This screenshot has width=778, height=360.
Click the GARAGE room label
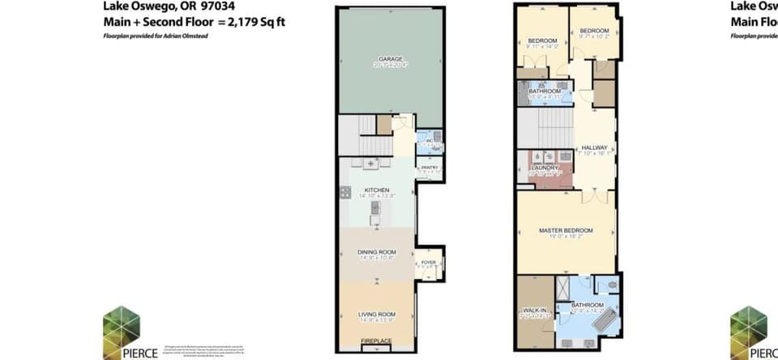(391, 59)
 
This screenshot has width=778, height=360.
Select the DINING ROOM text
(375, 253)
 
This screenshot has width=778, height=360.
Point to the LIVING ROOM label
(376, 314)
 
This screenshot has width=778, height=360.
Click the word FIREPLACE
(376, 341)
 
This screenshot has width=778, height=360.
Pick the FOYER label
(428, 263)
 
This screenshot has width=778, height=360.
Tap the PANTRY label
(428, 168)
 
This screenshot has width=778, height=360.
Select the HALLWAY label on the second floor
(594, 148)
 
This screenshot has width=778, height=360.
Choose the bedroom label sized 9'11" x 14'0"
(542, 41)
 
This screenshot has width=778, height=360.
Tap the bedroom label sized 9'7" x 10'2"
(594, 31)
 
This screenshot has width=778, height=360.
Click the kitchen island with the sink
(375, 212)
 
